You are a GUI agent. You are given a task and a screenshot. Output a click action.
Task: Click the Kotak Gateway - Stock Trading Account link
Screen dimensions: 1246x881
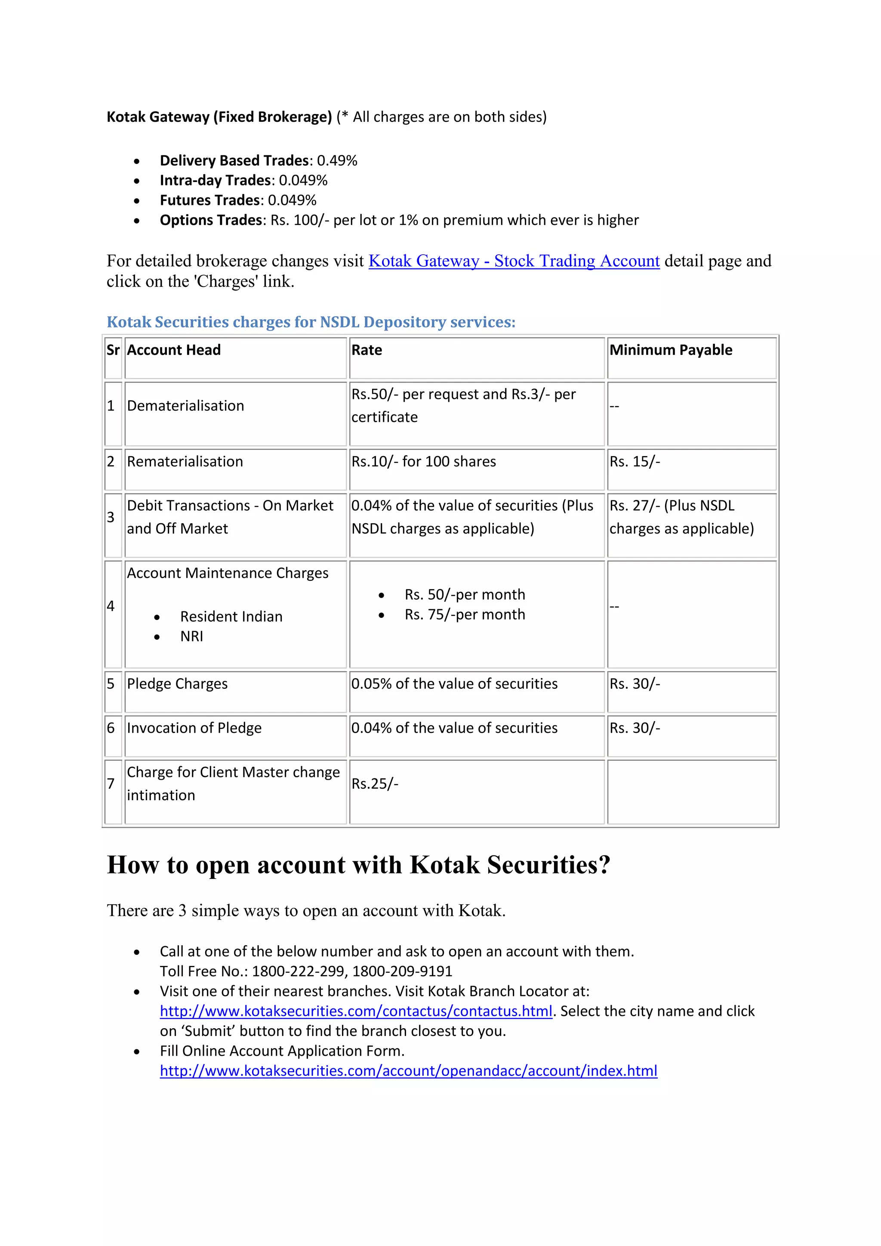pyautogui.click(x=514, y=261)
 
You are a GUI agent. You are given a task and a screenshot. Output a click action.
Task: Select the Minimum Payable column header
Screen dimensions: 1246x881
pyautogui.click(x=671, y=350)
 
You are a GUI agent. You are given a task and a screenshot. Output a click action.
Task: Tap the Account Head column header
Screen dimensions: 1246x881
pyautogui.click(x=174, y=350)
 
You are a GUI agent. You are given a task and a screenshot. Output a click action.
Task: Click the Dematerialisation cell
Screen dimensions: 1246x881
pyautogui.click(x=185, y=406)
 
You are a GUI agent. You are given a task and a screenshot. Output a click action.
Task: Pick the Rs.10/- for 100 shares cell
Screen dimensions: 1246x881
pyautogui.click(x=424, y=462)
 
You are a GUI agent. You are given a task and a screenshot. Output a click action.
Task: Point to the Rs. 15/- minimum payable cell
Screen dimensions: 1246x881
pyautogui.click(x=635, y=462)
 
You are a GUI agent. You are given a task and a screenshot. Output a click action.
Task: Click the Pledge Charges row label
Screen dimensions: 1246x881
pyautogui.click(x=177, y=684)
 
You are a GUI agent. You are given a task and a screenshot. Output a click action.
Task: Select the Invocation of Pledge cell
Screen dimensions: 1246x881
pyautogui.click(x=194, y=728)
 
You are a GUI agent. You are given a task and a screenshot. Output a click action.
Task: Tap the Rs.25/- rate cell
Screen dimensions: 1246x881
pyautogui.click(x=375, y=784)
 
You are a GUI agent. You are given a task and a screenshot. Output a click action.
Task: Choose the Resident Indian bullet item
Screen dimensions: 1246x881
pyautogui.click(x=231, y=617)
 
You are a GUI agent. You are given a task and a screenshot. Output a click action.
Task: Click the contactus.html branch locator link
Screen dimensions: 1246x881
pyautogui.click(x=356, y=1012)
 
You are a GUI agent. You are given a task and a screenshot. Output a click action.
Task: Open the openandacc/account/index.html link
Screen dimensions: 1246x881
pyautogui.click(x=409, y=1071)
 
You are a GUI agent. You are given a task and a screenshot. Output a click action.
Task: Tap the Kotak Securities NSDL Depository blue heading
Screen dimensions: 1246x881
pyautogui.click(x=311, y=322)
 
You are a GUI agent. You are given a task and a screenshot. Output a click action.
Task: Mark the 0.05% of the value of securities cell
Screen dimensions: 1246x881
pyautogui.click(x=455, y=684)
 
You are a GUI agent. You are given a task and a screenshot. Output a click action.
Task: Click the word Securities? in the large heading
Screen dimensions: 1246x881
pyautogui.click(x=548, y=865)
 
